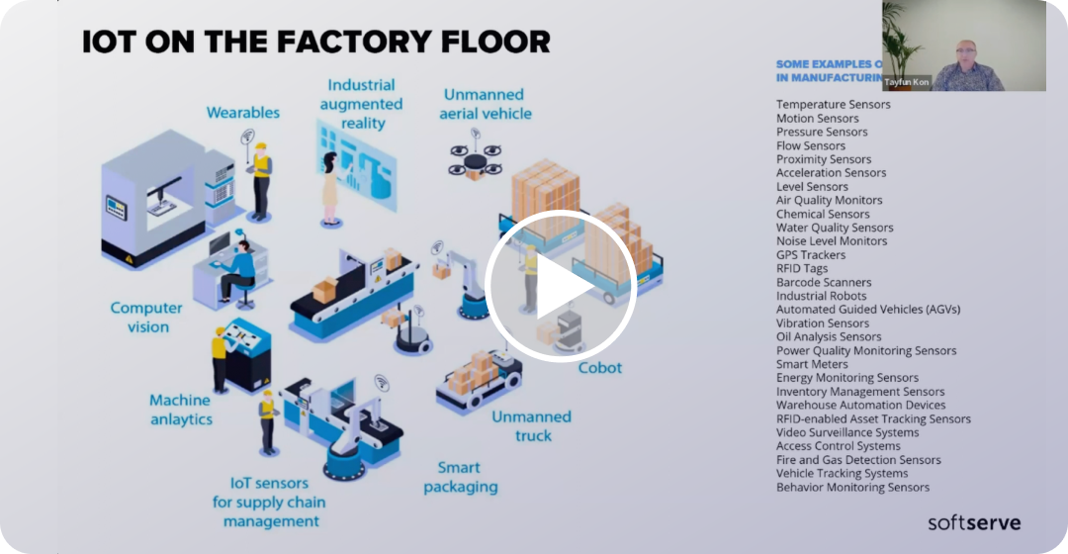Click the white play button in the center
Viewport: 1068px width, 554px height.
pyautogui.click(x=559, y=286)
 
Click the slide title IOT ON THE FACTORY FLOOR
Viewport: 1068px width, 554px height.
pyautogui.click(x=315, y=42)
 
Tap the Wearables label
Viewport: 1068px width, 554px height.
pyautogui.click(x=242, y=113)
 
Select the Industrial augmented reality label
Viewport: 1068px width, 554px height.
pyautogui.click(x=361, y=104)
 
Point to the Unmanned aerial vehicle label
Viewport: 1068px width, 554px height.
pyautogui.click(x=487, y=104)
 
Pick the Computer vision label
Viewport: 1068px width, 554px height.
pyautogui.click(x=146, y=318)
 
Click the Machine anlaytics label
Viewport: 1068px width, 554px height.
pyautogui.click(x=180, y=410)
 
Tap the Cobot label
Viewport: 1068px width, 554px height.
pyautogui.click(x=600, y=368)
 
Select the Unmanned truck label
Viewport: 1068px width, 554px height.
pyautogui.click(x=532, y=426)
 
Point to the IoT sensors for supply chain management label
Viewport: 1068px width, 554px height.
pyautogui.click(x=269, y=502)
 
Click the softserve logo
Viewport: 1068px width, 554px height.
pyautogui.click(x=973, y=522)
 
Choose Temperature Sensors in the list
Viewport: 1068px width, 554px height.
pyautogui.click(x=833, y=104)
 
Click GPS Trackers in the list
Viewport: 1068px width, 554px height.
pyautogui.click(x=811, y=254)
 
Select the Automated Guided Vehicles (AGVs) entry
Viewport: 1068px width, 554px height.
pyautogui.click(x=867, y=310)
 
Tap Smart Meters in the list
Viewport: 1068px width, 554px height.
pyautogui.click(x=812, y=364)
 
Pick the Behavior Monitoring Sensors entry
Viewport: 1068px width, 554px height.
pyautogui.click(x=852, y=487)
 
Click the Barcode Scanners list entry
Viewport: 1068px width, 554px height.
pyautogui.click(x=824, y=282)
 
